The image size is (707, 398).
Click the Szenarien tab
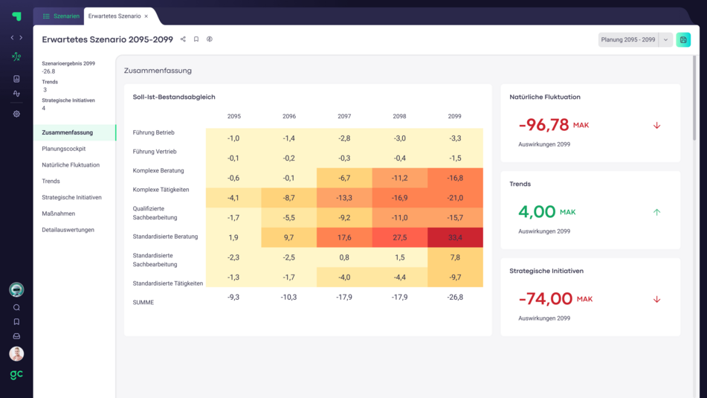pyautogui.click(x=61, y=16)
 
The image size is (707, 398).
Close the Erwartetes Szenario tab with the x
pyautogui.click(x=146, y=16)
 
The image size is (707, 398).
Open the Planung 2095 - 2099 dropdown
pyautogui.click(x=665, y=39)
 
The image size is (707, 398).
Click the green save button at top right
pyautogui.click(x=683, y=39)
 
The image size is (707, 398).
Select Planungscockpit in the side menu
pyautogui.click(x=64, y=149)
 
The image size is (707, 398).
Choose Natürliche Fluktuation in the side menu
pyautogui.click(x=71, y=165)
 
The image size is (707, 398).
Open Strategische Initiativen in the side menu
pyautogui.click(x=72, y=197)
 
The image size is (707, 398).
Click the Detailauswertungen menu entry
pyautogui.click(x=68, y=230)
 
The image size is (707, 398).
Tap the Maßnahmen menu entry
pyautogui.click(x=58, y=214)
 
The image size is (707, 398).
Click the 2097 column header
pyautogui.click(x=344, y=117)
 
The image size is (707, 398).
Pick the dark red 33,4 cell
pyautogui.click(x=454, y=237)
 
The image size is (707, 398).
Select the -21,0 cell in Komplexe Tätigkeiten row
pyautogui.click(x=454, y=198)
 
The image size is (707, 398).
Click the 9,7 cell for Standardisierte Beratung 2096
pyautogui.click(x=289, y=237)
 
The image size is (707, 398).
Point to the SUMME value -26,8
pyautogui.click(x=454, y=297)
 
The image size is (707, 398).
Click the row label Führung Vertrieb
pyautogui.click(x=155, y=152)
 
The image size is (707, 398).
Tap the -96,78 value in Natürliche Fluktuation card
pyautogui.click(x=543, y=125)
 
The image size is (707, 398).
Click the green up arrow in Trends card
pyautogui.click(x=656, y=212)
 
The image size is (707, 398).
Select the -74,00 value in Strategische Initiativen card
pyautogui.click(x=545, y=299)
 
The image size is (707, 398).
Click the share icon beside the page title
pyautogui.click(x=183, y=39)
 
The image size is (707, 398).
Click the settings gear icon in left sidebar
pyautogui.click(x=16, y=114)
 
